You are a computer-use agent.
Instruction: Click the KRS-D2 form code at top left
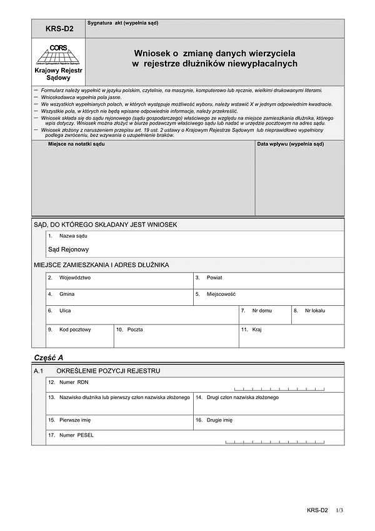pyautogui.click(x=59, y=29)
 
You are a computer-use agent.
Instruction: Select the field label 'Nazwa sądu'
pyautogui.click(x=73, y=236)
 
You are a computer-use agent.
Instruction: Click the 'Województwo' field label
pyautogui.click(x=75, y=277)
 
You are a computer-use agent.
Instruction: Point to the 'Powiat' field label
pyautogui.click(x=214, y=277)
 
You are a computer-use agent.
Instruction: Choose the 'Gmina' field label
pyautogui.click(x=67, y=294)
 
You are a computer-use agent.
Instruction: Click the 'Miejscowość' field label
pyautogui.click(x=221, y=294)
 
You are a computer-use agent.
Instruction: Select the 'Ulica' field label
pyautogui.click(x=66, y=310)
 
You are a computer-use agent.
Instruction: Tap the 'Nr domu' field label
pyautogui.click(x=262, y=310)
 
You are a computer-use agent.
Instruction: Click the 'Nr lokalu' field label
pyautogui.click(x=315, y=310)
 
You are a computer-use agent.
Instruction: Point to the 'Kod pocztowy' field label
pyautogui.click(x=75, y=329)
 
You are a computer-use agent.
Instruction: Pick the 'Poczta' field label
pyautogui.click(x=135, y=329)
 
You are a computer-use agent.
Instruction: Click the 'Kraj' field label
pyautogui.click(x=257, y=329)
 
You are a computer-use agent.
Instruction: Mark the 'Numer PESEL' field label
pyautogui.click(x=76, y=435)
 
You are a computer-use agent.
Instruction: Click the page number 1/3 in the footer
pyautogui.click(x=339, y=511)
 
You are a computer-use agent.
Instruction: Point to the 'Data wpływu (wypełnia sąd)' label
pyautogui.click(x=291, y=144)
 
